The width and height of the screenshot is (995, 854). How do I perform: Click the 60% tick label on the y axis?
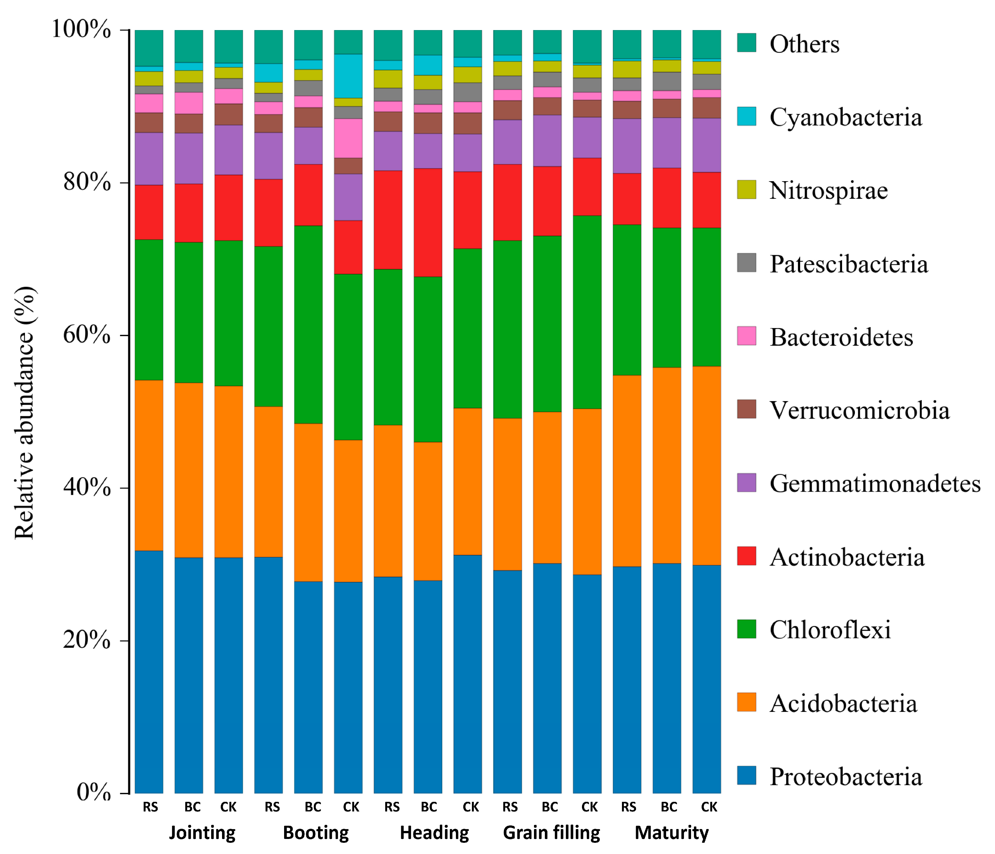(x=86, y=335)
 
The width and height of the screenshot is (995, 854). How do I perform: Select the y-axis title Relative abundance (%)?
(x=24, y=413)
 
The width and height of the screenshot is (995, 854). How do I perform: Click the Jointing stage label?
(x=202, y=832)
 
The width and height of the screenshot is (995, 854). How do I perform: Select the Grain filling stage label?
(x=551, y=832)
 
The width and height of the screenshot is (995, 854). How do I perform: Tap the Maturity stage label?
(x=671, y=832)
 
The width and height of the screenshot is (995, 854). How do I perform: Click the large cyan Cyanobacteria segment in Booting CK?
(x=348, y=76)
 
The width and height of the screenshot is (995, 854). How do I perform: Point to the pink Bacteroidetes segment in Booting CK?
(x=348, y=138)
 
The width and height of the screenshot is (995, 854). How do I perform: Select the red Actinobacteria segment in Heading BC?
(x=428, y=222)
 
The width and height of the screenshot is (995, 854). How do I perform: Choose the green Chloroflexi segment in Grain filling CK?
(x=587, y=312)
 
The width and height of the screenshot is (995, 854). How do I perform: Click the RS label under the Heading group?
(x=392, y=807)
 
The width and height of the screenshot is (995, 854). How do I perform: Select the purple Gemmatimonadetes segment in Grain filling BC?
(x=547, y=141)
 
